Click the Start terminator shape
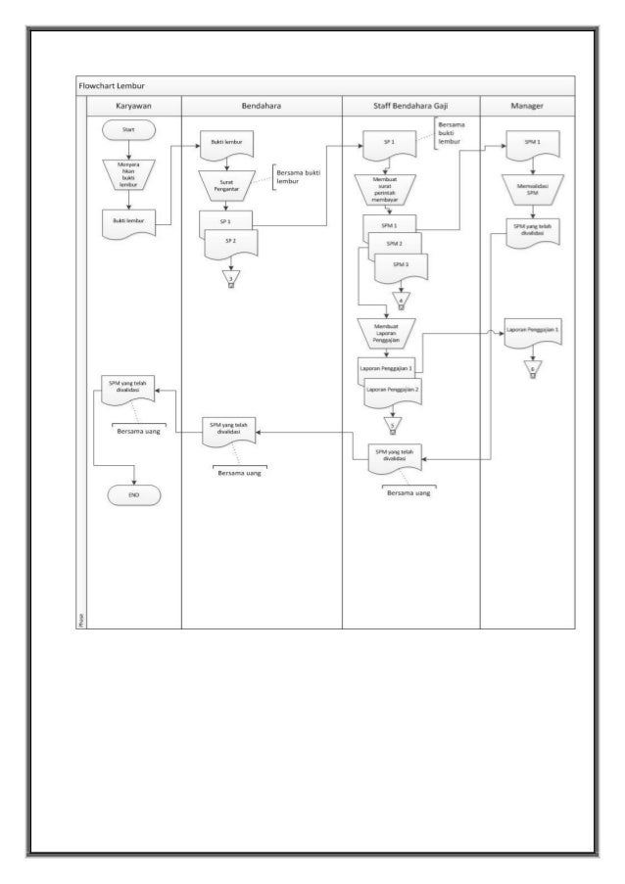click(129, 129)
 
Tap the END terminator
click(133, 495)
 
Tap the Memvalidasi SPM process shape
click(532, 187)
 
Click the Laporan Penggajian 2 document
click(393, 392)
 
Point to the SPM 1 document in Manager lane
click(532, 143)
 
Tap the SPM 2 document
click(393, 244)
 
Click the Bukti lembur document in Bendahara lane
click(226, 143)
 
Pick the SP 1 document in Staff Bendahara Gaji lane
click(388, 144)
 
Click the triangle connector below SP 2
click(231, 277)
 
